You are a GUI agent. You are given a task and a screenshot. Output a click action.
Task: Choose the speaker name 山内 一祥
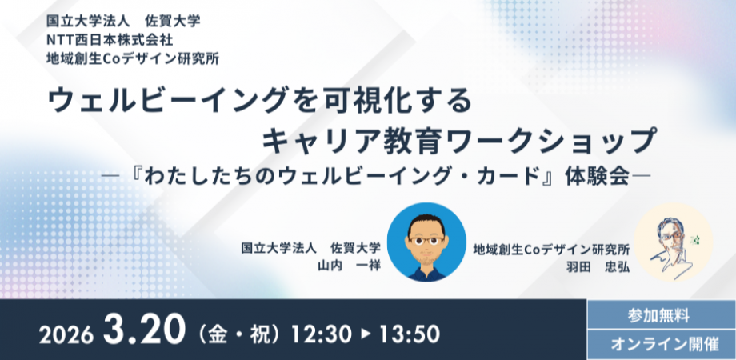349,265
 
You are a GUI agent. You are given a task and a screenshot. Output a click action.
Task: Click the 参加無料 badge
660,314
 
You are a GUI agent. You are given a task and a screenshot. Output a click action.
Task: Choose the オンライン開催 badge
660,345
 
